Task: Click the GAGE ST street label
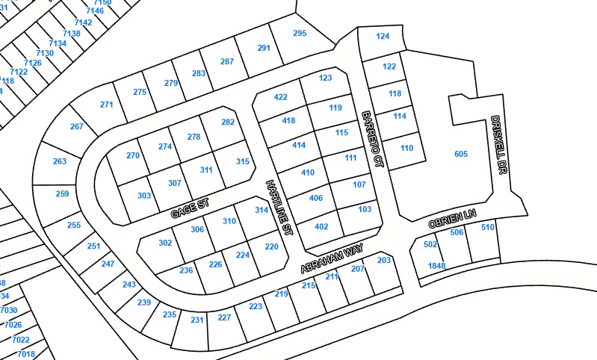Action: click(x=190, y=208)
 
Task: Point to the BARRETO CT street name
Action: click(x=371, y=139)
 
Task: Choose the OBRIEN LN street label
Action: click(x=451, y=219)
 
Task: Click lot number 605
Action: click(x=460, y=154)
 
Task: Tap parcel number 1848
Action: click(x=436, y=266)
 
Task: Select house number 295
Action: click(x=300, y=33)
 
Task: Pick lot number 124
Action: click(x=383, y=36)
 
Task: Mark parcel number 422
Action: click(x=280, y=97)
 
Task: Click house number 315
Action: click(x=242, y=161)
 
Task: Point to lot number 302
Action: click(x=165, y=243)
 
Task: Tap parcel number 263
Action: click(x=60, y=161)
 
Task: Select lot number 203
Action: click(x=384, y=260)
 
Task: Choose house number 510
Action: click(x=488, y=227)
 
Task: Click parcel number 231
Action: click(x=197, y=320)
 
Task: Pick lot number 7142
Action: click(x=83, y=22)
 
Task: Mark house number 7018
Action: click(x=25, y=354)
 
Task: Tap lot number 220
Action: click(x=272, y=246)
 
